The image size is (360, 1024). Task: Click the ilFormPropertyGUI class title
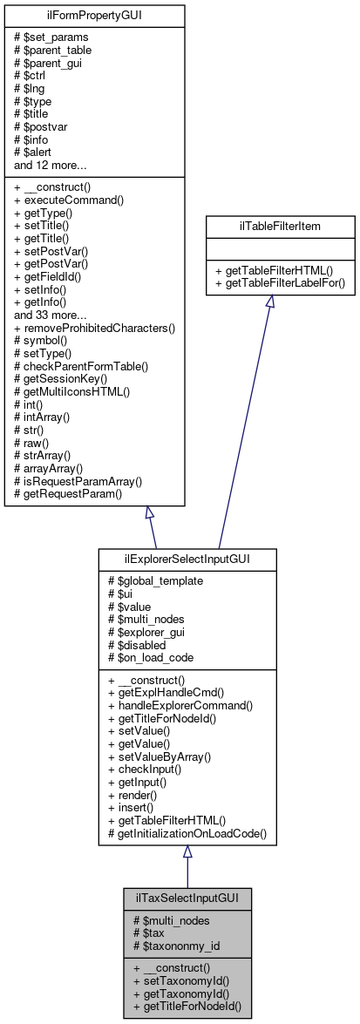coord(95,15)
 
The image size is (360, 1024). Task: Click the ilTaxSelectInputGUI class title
coord(187,897)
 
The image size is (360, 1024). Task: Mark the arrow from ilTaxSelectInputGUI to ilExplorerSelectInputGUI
coord(187,866)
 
